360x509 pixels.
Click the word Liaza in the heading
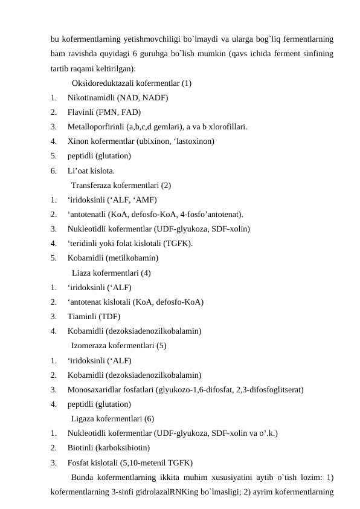tap(82, 273)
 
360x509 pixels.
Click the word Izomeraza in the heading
tap(91, 346)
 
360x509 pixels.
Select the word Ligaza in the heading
tap(84, 419)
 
